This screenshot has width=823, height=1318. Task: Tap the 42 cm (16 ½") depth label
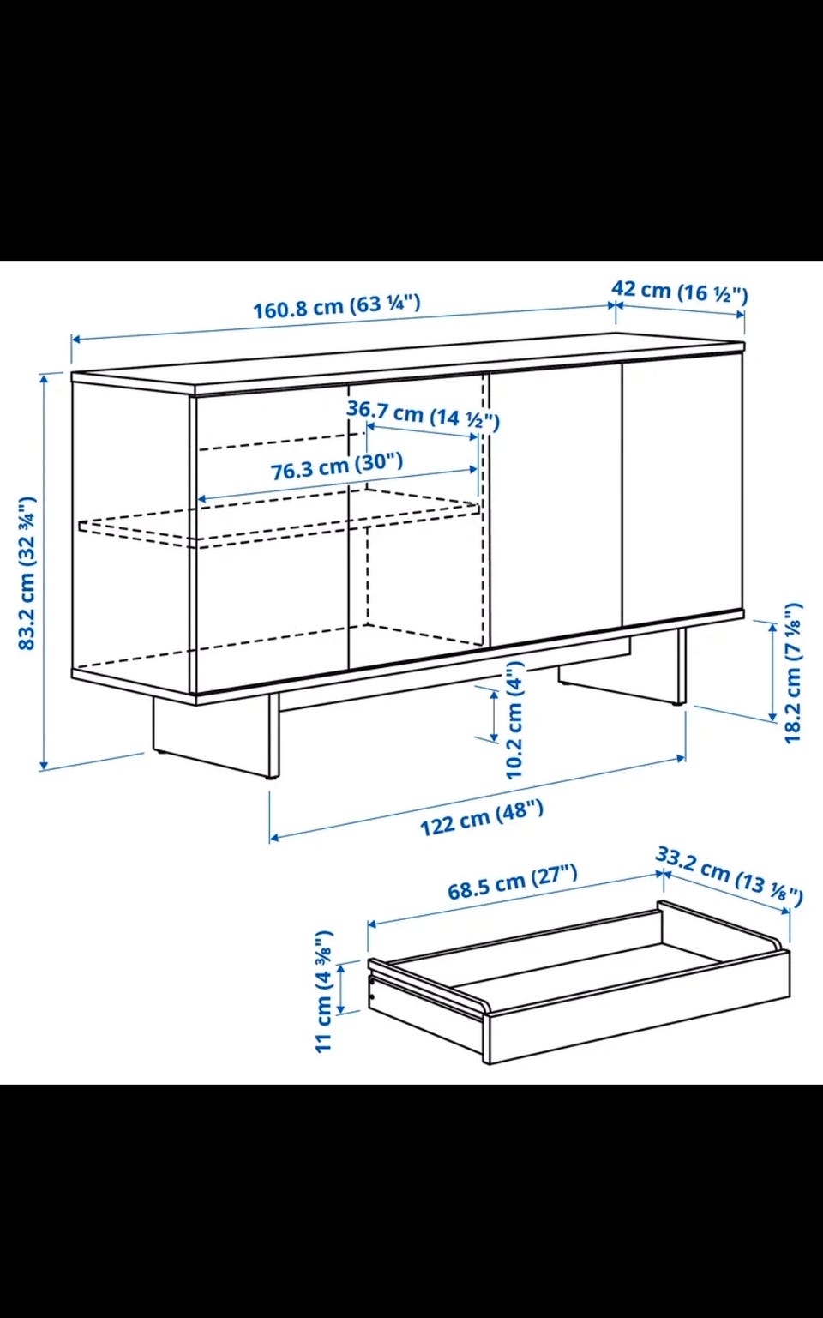[680, 291]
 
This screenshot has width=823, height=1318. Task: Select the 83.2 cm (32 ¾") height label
[27, 574]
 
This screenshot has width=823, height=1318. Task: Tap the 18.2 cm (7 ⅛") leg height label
[793, 672]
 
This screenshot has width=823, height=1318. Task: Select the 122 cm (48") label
[481, 817]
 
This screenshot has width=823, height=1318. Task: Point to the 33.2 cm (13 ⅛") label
[729, 876]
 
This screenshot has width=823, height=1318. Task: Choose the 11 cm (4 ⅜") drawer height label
[324, 991]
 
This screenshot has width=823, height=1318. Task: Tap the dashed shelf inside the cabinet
[279, 518]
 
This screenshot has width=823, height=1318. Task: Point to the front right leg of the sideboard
[682, 666]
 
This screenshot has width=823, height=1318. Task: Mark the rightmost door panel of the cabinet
[682, 490]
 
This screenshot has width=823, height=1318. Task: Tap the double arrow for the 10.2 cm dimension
[493, 715]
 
